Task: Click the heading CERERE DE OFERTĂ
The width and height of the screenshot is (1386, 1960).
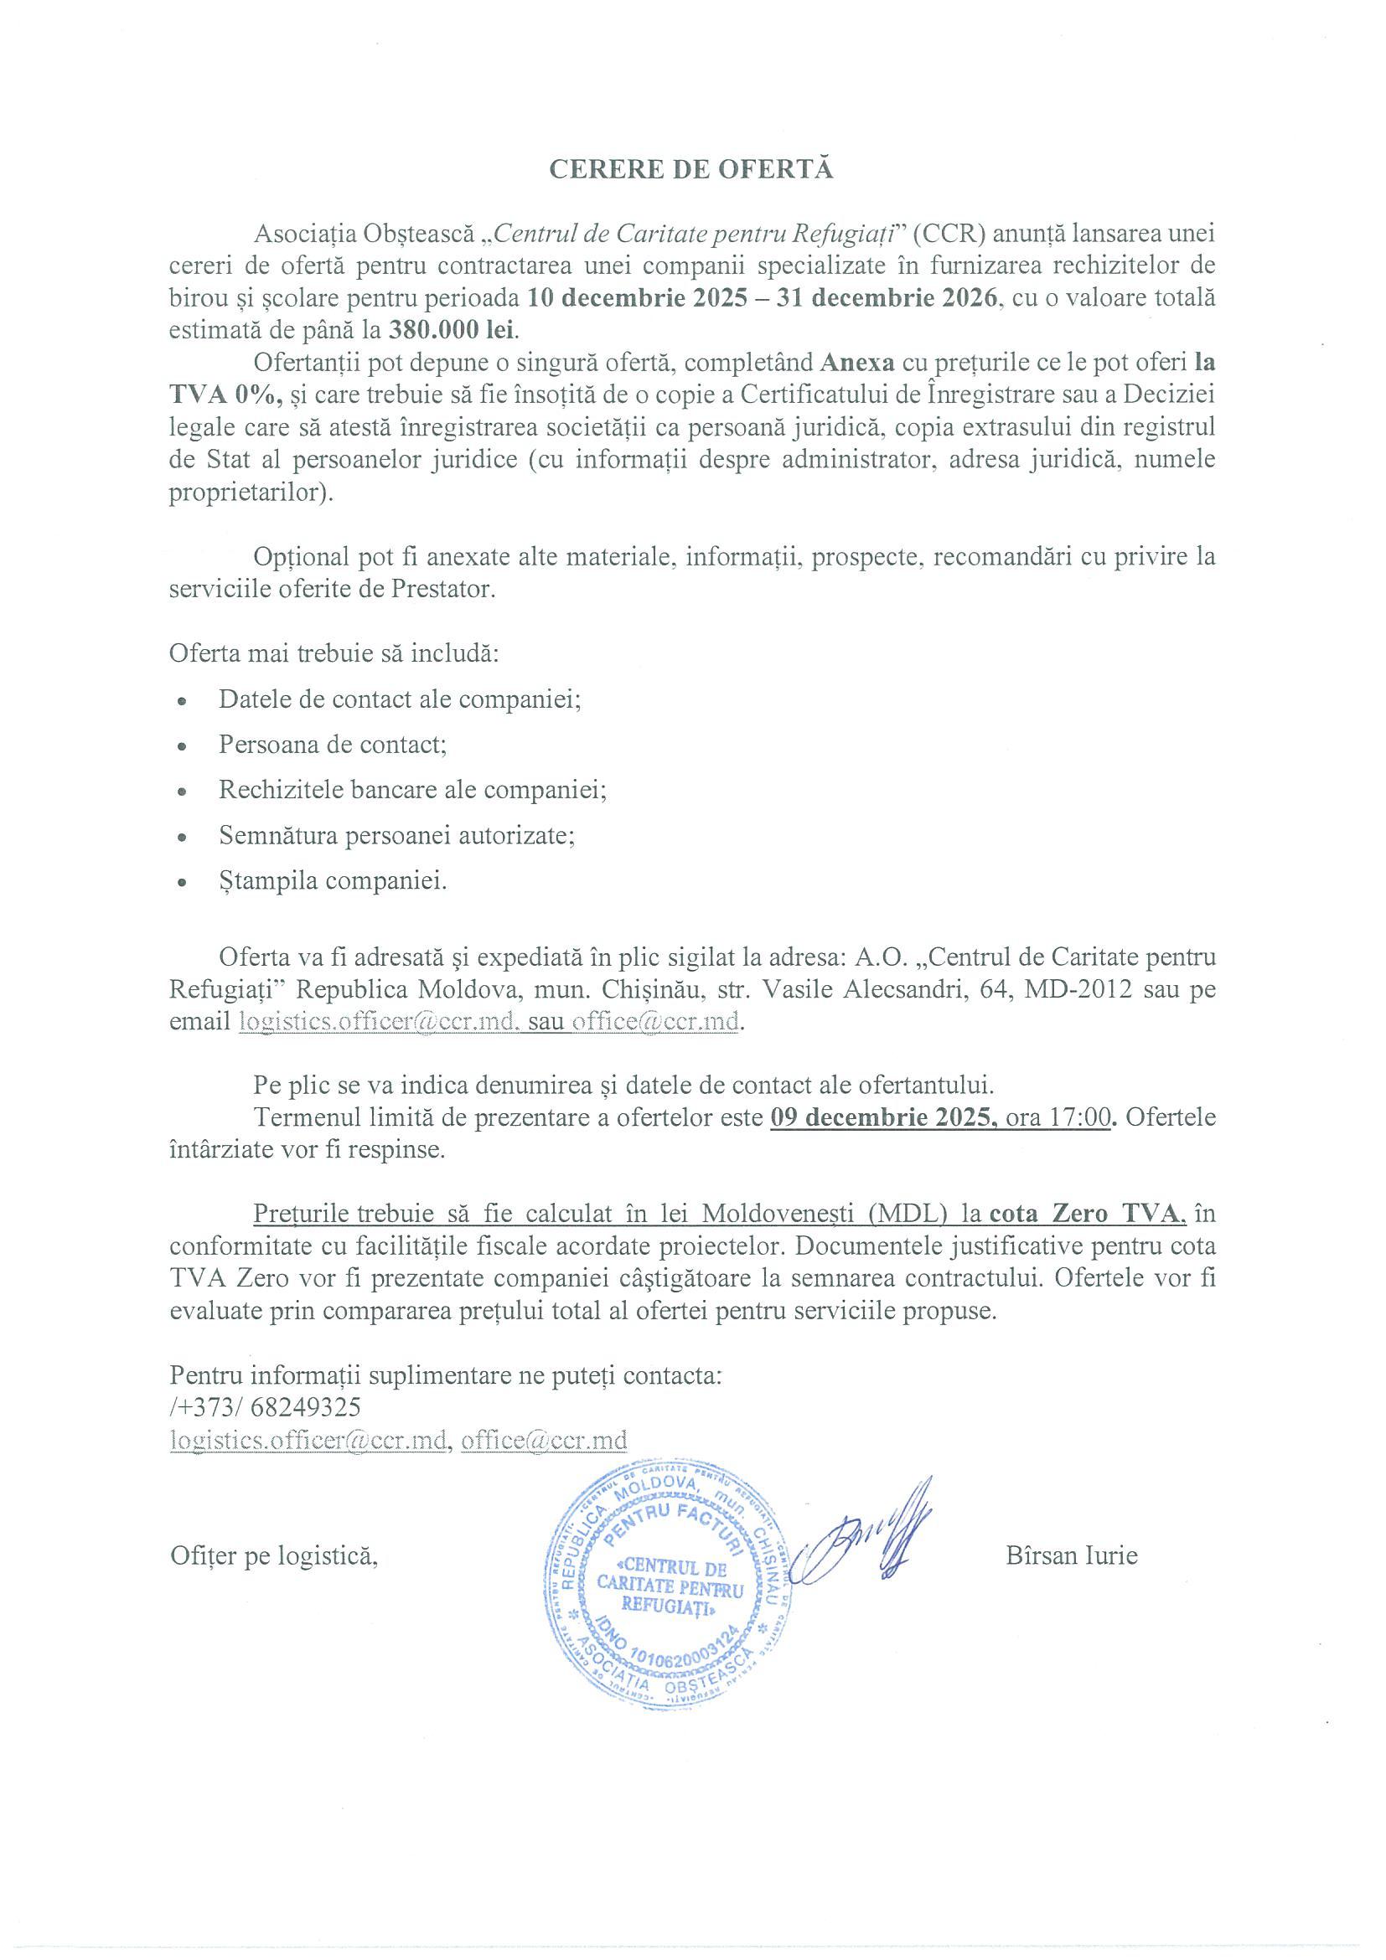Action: coord(690,170)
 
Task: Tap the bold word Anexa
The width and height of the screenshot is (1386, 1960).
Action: coord(857,363)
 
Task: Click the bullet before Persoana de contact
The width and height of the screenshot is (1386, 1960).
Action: coord(182,746)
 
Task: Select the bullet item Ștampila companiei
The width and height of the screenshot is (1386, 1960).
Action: coord(332,880)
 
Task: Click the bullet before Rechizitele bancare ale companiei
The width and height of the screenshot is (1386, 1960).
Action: coord(182,792)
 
